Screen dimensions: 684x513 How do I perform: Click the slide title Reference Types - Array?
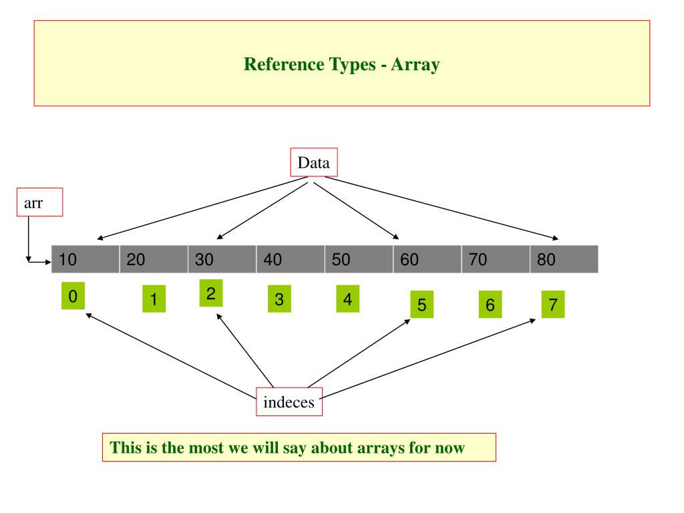point(341,64)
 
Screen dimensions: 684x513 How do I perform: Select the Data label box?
point(314,162)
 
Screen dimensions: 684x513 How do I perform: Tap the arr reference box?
point(39,203)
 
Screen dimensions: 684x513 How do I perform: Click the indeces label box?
point(289,402)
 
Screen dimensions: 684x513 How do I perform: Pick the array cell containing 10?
point(85,259)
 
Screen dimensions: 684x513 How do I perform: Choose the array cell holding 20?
point(154,259)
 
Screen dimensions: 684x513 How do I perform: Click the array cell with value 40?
point(291,259)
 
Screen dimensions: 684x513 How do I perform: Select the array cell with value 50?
point(359,259)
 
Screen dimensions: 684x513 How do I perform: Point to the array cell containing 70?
point(496,259)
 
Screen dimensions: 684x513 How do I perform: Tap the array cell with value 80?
point(564,259)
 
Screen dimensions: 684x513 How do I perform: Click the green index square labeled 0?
point(73,295)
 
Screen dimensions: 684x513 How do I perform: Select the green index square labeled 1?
point(154,299)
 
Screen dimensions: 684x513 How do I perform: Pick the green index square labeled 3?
point(279,299)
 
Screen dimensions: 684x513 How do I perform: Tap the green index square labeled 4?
point(347,299)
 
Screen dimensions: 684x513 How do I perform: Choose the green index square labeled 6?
point(490,305)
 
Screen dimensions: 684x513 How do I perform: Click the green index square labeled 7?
point(552,305)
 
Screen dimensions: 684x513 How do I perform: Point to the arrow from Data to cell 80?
point(441,207)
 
